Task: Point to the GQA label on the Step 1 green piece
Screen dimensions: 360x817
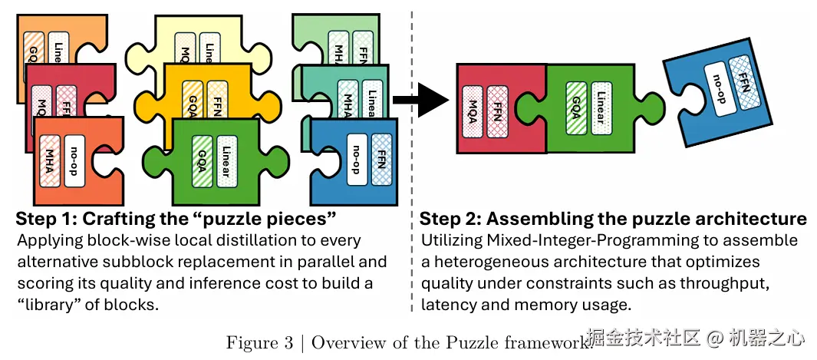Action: (200, 160)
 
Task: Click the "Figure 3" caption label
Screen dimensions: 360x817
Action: (259, 342)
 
